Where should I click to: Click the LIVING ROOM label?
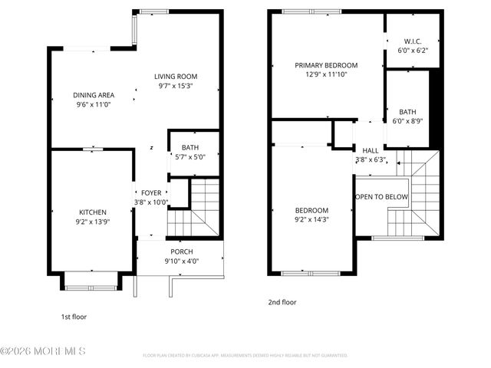tap(176, 77)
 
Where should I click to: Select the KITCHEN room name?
tap(92, 212)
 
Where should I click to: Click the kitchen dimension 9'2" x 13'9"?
tap(92, 222)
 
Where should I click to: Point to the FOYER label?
tap(151, 193)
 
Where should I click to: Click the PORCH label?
tap(181, 252)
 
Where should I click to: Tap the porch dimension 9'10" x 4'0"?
tap(181, 261)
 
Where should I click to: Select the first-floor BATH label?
tap(190, 147)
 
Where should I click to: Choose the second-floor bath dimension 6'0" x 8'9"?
tap(407, 121)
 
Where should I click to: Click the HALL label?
tap(371, 151)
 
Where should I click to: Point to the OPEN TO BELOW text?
tap(381, 197)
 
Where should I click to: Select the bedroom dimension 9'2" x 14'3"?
tap(311, 220)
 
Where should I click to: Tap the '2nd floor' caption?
tap(282, 302)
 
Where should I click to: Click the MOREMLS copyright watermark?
tap(43, 351)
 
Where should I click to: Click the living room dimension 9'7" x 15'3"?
tap(176, 86)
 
